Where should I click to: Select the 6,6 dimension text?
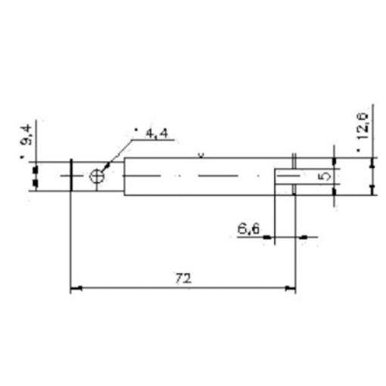(247, 226)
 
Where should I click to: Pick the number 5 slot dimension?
(323, 176)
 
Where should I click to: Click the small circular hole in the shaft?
(97, 176)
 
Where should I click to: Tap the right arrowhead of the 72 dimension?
(291, 288)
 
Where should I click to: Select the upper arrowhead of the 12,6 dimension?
(371, 162)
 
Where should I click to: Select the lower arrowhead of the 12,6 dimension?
(371, 189)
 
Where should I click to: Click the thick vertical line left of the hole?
(70, 176)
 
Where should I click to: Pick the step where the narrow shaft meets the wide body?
(123, 176)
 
